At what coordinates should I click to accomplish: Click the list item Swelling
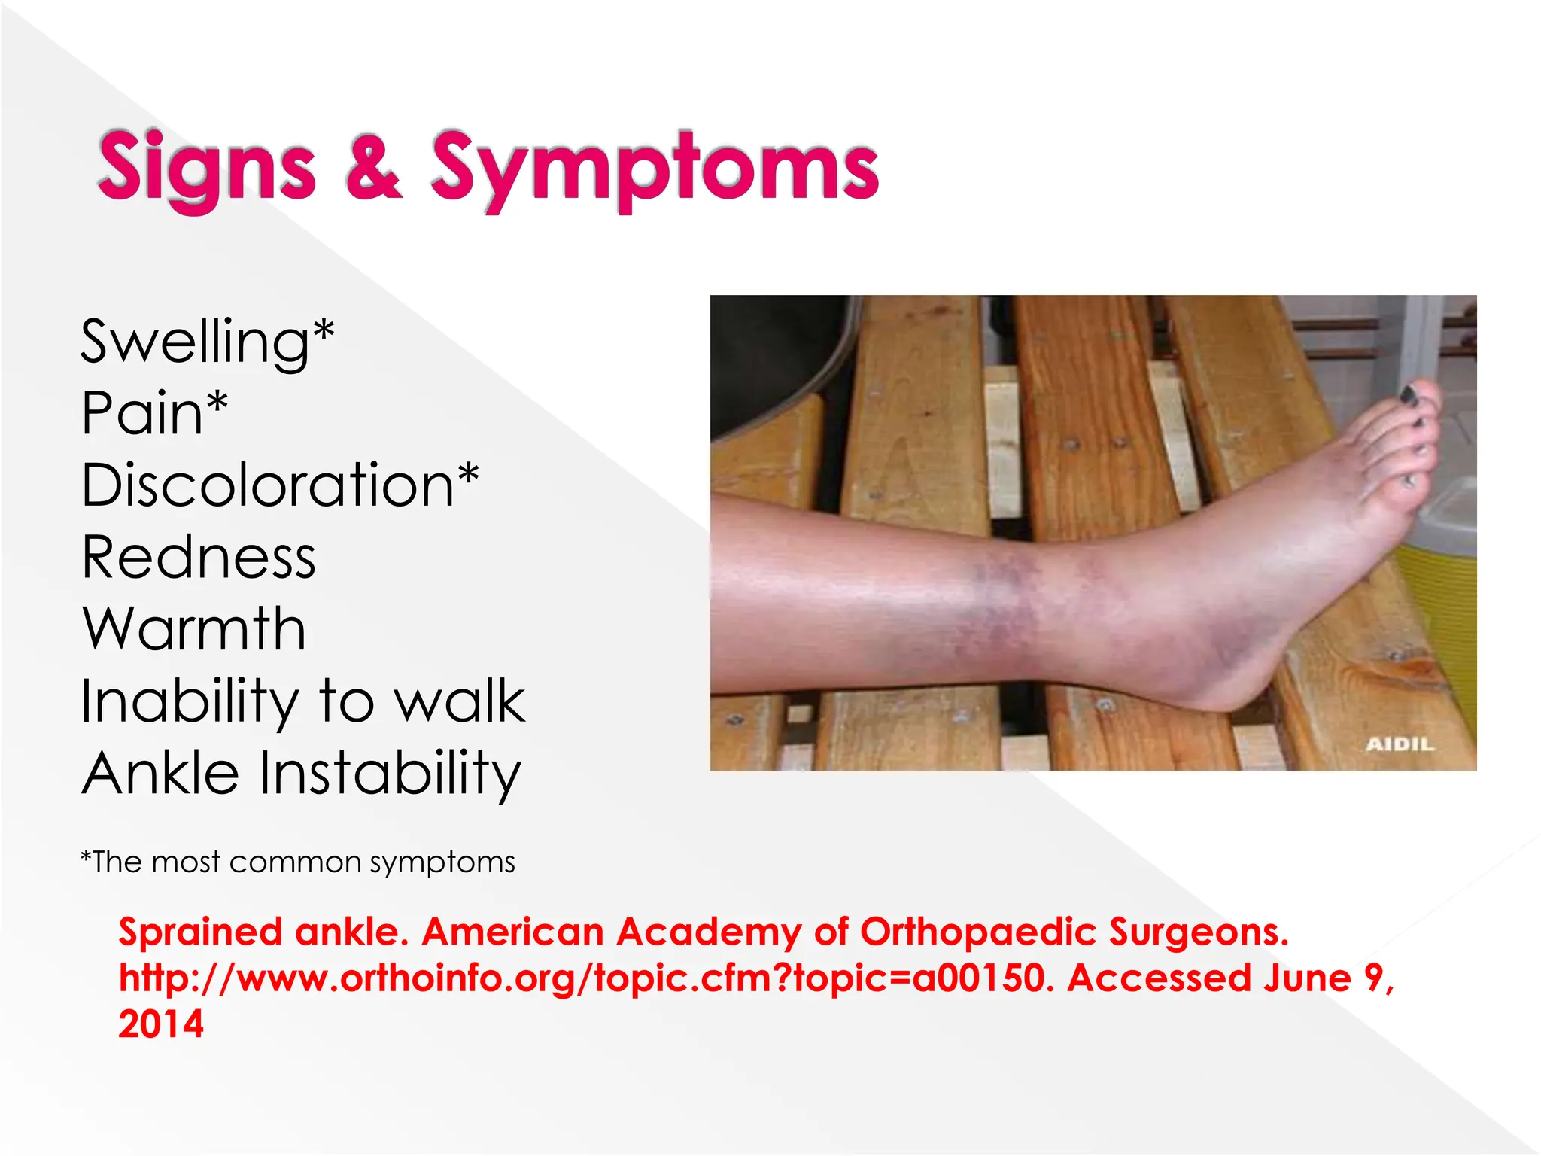(x=194, y=342)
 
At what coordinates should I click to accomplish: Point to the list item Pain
(x=143, y=413)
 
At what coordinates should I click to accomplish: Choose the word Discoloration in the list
(x=267, y=485)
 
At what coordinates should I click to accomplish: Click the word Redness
(x=199, y=558)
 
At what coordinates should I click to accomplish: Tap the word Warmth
(x=194, y=629)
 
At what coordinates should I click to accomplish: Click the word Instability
(x=390, y=773)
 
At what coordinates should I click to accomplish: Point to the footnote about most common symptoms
(x=298, y=862)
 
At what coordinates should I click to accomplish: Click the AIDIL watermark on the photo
(x=1400, y=744)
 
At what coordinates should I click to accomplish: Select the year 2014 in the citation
(x=161, y=1024)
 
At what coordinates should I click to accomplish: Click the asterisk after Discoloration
(x=468, y=474)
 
